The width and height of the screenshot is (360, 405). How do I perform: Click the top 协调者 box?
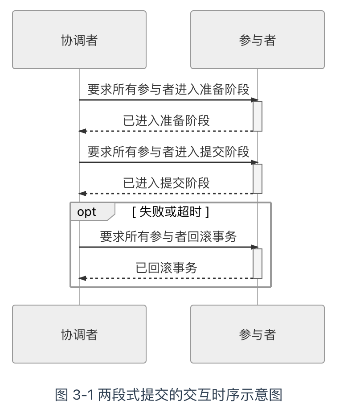[x=79, y=40]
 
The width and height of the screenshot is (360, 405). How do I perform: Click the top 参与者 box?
[x=257, y=40]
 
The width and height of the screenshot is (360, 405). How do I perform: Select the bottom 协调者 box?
[x=79, y=334]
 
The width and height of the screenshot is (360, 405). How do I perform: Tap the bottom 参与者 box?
[x=257, y=334]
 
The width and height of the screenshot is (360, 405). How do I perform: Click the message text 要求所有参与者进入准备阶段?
[x=168, y=89]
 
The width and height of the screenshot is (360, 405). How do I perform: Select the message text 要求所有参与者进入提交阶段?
[x=168, y=152]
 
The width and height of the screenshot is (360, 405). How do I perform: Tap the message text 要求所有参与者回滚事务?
[x=168, y=236]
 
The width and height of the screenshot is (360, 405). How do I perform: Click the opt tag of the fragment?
[x=87, y=212]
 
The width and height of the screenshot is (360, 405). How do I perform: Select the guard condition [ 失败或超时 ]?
[x=171, y=212]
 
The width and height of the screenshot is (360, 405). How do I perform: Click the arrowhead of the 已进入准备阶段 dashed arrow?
[x=82, y=131]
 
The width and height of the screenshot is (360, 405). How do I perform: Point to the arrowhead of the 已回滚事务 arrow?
[x=82, y=278]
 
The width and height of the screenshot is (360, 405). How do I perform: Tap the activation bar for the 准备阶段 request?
[x=257, y=116]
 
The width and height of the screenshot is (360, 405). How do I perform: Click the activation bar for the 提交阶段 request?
[x=257, y=178]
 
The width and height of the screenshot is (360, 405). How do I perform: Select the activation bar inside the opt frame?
[x=257, y=263]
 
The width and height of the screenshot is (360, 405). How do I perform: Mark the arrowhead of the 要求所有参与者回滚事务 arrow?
[x=255, y=247]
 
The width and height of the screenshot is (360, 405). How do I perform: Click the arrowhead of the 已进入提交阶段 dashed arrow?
[x=82, y=194]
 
